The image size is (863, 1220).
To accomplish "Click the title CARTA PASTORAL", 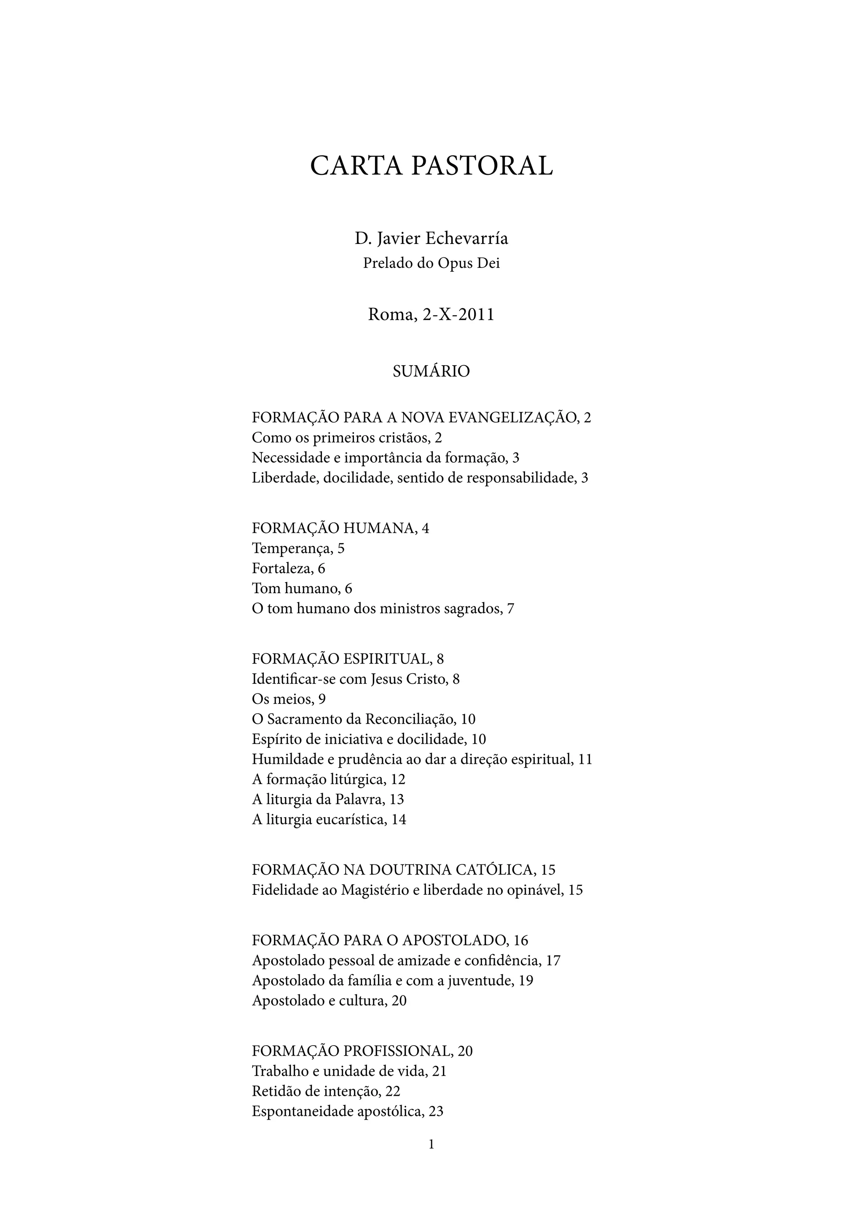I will tap(431, 166).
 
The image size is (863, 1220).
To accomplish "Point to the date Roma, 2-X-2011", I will tap(431, 315).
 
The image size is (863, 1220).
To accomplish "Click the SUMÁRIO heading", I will tap(431, 372).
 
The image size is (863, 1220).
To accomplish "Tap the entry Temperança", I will tap(291, 548).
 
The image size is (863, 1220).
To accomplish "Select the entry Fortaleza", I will tap(281, 569).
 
